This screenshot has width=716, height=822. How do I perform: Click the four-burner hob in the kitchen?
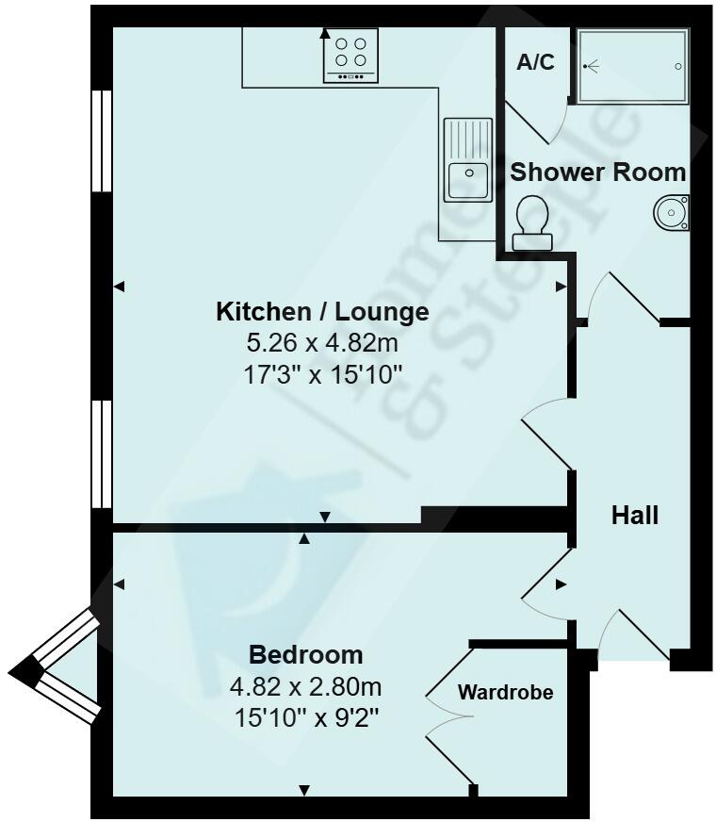click(350, 56)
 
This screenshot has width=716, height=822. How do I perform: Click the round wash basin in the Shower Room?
click(672, 212)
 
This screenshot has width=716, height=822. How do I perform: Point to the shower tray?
click(632, 66)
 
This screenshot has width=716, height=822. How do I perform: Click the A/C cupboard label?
click(535, 63)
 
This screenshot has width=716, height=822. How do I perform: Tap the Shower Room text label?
click(597, 173)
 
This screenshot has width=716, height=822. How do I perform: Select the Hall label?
click(634, 516)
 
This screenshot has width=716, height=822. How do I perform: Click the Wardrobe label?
click(505, 692)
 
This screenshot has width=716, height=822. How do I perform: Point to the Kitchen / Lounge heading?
click(322, 311)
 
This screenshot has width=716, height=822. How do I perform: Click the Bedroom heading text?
click(305, 654)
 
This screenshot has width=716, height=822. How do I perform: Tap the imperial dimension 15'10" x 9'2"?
click(305, 716)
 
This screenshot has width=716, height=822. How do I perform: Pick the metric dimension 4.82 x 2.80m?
click(305, 685)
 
